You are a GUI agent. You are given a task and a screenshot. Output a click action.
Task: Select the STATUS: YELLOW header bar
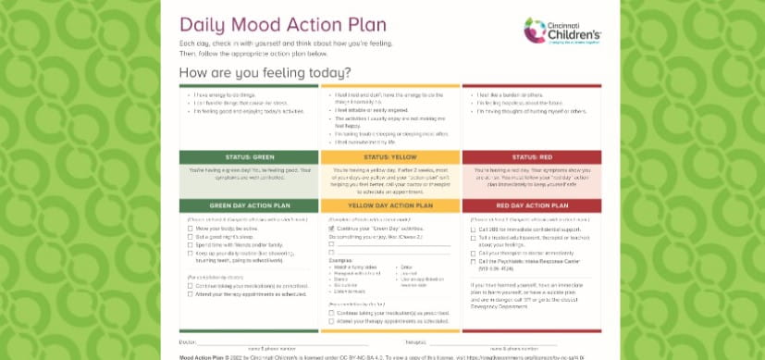tap(389, 157)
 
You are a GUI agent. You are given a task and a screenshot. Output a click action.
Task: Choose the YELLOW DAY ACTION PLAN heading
tap(389, 205)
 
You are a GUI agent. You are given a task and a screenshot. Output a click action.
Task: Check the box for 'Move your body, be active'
tap(191, 228)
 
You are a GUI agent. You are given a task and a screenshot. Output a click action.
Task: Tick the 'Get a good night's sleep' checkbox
tap(191, 236)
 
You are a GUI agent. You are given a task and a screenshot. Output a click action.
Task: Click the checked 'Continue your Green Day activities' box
tap(332, 228)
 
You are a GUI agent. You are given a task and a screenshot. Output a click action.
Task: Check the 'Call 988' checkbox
tap(474, 228)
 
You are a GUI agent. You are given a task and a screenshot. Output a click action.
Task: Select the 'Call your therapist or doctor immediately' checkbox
tap(474, 253)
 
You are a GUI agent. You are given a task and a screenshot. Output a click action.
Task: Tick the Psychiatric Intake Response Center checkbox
tap(474, 262)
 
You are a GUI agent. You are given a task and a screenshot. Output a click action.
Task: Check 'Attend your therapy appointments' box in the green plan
tap(191, 293)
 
